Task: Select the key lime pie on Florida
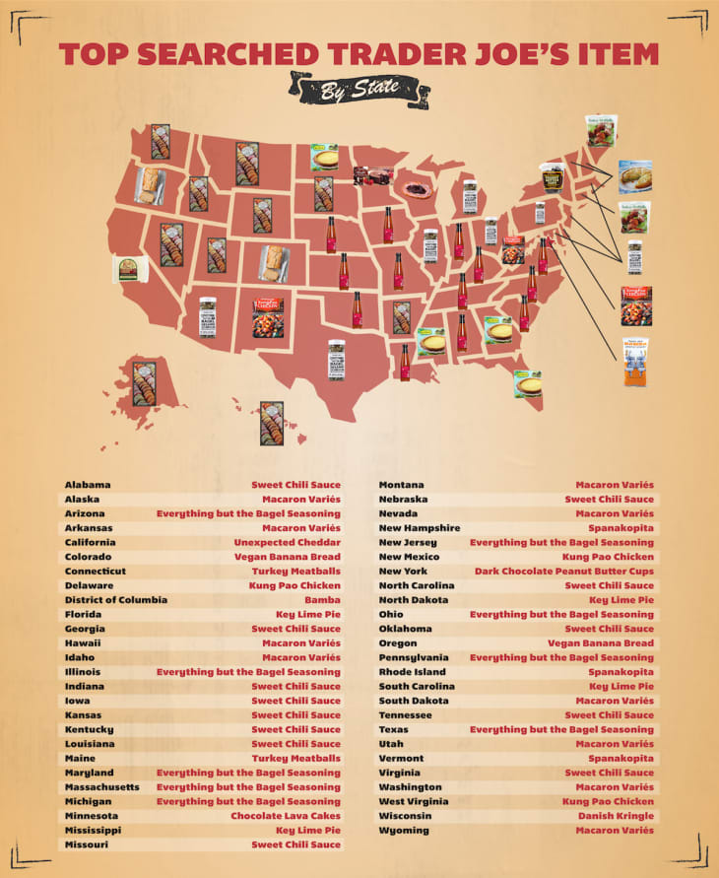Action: tap(527, 383)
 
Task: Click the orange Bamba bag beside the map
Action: tap(635, 362)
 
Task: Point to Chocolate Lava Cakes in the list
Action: tap(286, 816)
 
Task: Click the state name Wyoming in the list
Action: tap(404, 830)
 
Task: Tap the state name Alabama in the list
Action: tap(88, 485)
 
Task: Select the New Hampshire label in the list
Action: tap(420, 528)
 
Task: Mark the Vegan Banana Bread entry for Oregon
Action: tap(600, 642)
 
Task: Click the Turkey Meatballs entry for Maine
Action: tap(295, 758)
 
